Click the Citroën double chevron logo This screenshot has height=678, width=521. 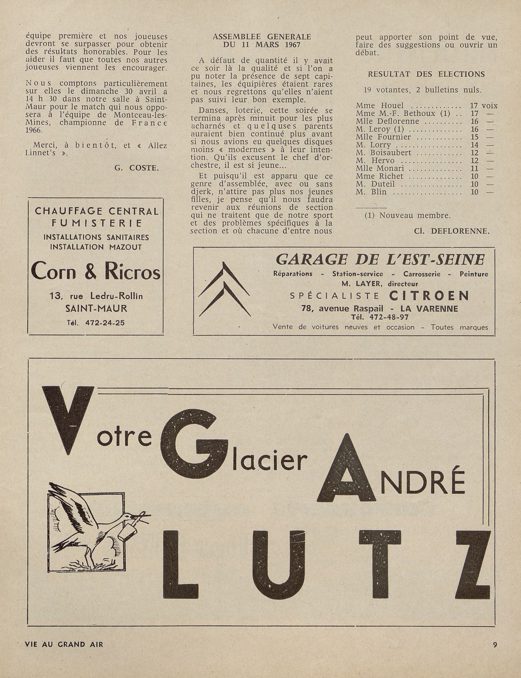click(224, 290)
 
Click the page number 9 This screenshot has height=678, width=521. click(495, 644)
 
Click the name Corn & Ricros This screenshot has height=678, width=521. click(96, 271)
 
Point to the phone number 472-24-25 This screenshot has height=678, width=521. click(105, 322)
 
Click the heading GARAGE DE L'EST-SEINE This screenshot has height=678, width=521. click(380, 259)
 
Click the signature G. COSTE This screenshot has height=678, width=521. click(136, 168)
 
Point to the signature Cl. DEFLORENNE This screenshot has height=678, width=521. click(451, 231)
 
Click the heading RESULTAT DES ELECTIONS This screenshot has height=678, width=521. click(426, 74)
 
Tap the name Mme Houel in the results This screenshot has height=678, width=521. click(380, 105)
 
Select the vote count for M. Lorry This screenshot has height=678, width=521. click(474, 145)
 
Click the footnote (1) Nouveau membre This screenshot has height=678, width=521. click(408, 215)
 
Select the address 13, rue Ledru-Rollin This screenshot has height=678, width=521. click(96, 296)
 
